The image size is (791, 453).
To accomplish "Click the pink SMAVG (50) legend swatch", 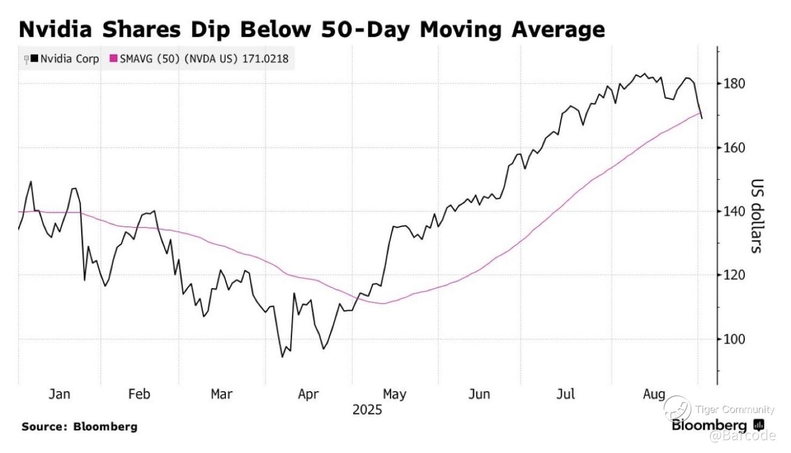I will [113, 59].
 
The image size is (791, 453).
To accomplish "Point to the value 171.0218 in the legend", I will [265, 59].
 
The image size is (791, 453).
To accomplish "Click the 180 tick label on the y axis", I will [734, 83].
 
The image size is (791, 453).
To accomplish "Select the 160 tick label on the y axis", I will [734, 148].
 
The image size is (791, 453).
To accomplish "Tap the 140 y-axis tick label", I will [734, 211].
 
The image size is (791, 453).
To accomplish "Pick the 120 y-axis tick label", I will [734, 275].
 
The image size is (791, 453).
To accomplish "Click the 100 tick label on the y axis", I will [734, 339].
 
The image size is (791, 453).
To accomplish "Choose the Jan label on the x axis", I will [59, 394].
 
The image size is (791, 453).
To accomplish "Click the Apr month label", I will [308, 394].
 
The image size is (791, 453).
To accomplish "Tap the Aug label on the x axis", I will [654, 394].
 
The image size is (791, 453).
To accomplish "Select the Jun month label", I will [479, 394].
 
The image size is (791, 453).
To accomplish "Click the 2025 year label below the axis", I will [367, 410].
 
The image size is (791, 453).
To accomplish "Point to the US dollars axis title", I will [756, 216].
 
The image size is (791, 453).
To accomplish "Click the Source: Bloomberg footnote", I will [79, 427].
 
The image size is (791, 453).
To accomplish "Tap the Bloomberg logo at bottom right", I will [717, 426].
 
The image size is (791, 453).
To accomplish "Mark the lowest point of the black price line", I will [282, 357].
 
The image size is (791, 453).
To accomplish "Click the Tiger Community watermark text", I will [735, 410].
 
